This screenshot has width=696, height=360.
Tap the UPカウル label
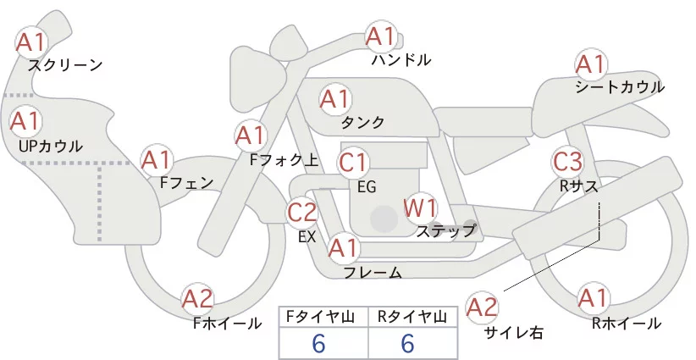(50, 146)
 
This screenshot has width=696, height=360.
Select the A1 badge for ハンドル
(380, 36)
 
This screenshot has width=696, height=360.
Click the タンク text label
(362, 123)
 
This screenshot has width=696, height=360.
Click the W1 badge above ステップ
(419, 207)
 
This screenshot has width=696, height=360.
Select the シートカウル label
(619, 87)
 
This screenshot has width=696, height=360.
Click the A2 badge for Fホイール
(198, 298)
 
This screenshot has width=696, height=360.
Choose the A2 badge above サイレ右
(483, 307)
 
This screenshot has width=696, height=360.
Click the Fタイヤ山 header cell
(323, 317)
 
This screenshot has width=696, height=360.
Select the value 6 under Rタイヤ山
(407, 344)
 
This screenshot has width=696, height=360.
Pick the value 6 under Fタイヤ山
(318, 344)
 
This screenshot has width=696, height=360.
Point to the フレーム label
(373, 273)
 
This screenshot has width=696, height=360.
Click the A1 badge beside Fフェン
(157, 159)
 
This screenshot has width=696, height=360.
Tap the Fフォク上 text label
(284, 158)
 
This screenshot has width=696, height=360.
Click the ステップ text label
(446, 230)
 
